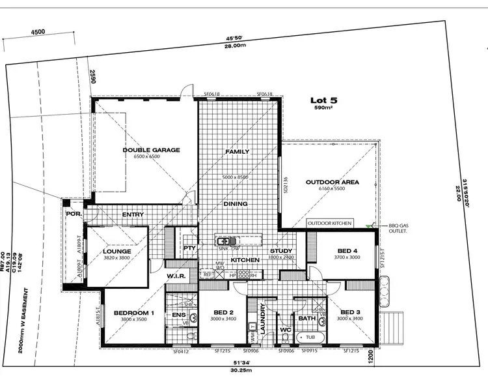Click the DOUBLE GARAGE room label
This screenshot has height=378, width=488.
151,150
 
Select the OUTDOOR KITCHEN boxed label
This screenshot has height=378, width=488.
330,224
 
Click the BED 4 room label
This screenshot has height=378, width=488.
347,250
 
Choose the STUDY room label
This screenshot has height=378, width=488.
280,250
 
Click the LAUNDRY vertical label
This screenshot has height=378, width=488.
263,319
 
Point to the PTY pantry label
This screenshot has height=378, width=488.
190,248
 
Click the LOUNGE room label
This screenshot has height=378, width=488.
117,251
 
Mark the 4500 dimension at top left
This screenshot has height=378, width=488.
38,31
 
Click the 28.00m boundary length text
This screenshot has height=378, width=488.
236,46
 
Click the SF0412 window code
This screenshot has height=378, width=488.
180,352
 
